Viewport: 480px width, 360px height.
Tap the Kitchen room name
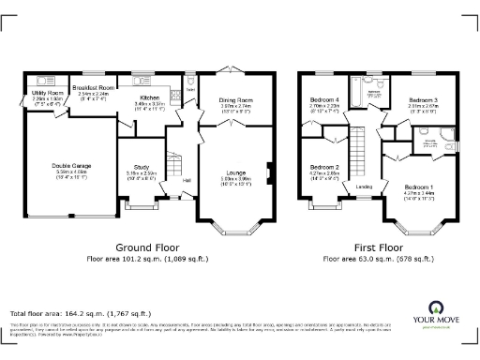click(x=151, y=97)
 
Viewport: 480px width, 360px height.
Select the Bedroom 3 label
click(x=423, y=100)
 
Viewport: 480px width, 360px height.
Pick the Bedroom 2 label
click(x=323, y=167)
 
